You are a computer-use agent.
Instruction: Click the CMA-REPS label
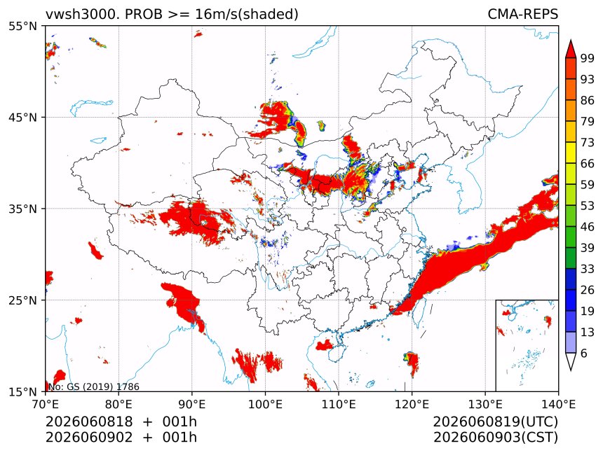(522, 14)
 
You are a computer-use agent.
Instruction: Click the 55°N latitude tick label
(22, 27)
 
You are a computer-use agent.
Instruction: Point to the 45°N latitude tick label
(22, 117)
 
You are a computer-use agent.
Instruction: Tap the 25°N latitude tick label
(22, 300)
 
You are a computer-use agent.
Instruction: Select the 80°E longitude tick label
(118, 404)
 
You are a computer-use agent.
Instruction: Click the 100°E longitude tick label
(265, 404)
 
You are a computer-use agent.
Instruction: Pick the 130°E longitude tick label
(485, 404)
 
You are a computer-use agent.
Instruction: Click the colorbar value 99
(588, 58)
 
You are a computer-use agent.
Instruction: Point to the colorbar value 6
(584, 353)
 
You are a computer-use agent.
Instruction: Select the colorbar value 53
(588, 206)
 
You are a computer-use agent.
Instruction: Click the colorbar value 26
(588, 290)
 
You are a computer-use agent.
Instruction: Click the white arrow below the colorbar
(571, 361)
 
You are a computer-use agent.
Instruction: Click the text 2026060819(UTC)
(495, 421)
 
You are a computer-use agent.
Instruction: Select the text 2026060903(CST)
(496, 438)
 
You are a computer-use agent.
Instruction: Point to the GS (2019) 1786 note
(103, 386)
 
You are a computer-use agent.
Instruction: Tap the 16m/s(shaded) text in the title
(247, 14)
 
